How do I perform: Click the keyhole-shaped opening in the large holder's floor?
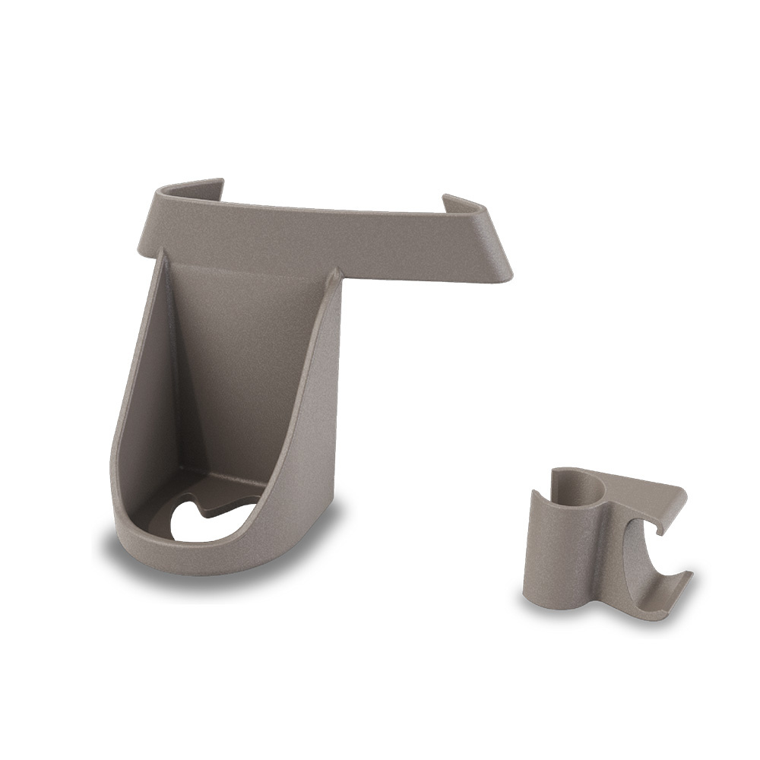tap(199, 521)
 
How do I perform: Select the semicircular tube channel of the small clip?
tap(582, 486)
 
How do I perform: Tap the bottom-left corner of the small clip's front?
tap(529, 601)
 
